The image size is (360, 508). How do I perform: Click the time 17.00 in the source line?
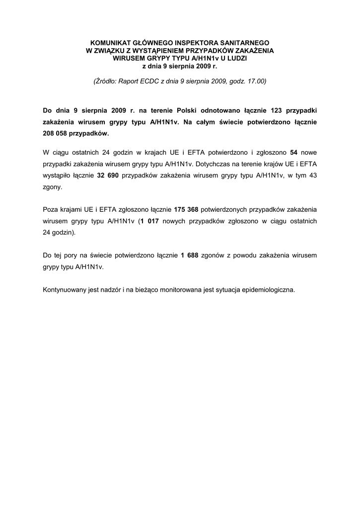[x=255, y=81]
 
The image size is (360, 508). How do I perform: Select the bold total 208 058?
[x=56, y=133]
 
